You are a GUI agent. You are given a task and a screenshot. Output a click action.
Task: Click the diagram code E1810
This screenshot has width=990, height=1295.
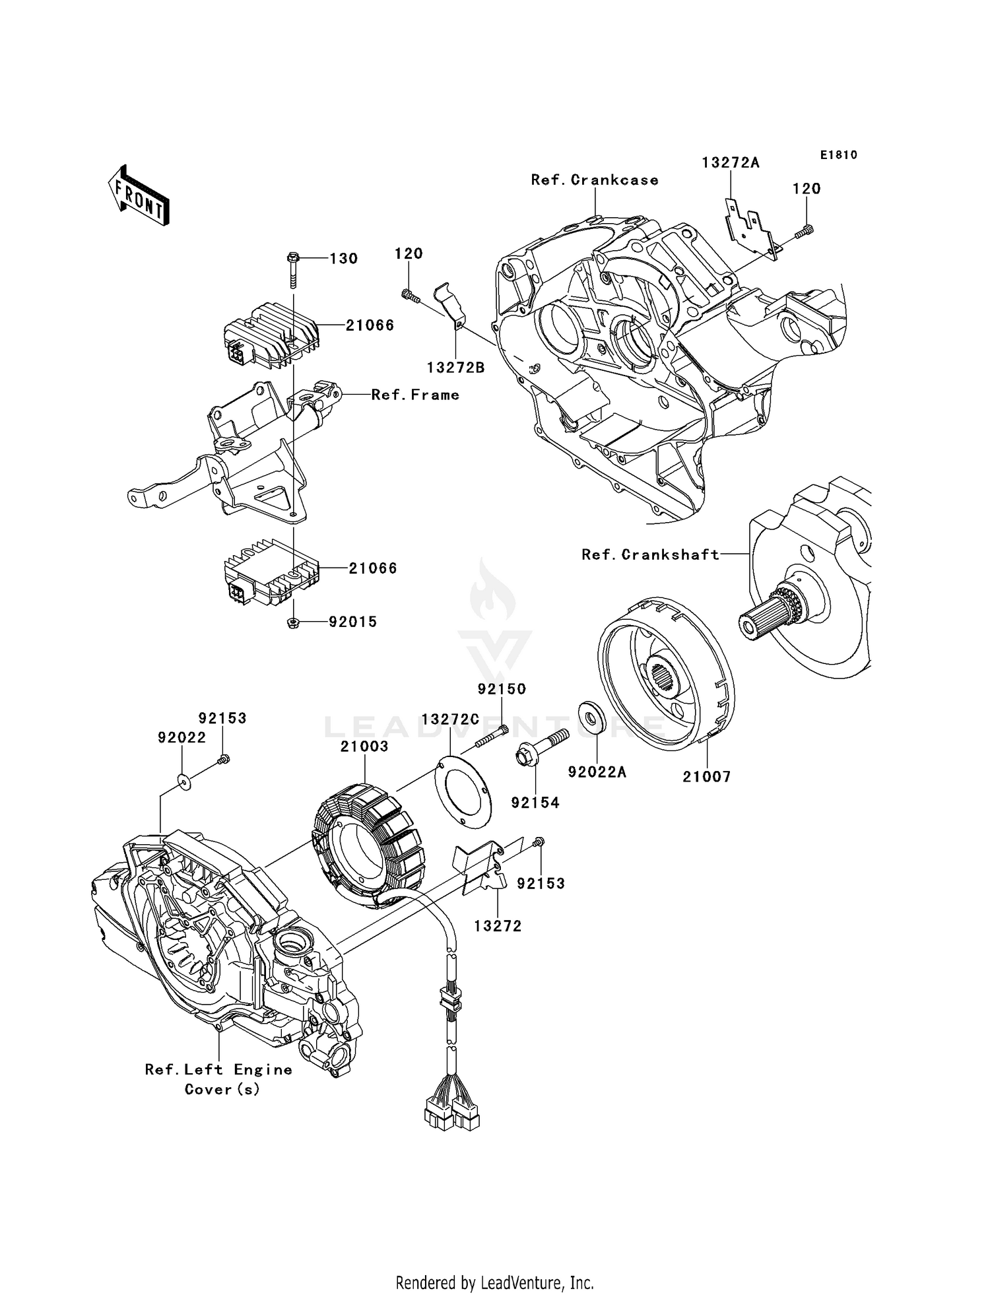pyautogui.click(x=838, y=155)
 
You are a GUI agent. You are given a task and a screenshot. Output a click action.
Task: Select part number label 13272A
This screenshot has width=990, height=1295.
pyautogui.click(x=730, y=163)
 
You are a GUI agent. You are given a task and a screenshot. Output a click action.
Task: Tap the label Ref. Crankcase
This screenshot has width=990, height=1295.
pyautogui.click(x=595, y=180)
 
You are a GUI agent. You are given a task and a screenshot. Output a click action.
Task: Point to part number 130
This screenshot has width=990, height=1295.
pyautogui.click(x=343, y=259)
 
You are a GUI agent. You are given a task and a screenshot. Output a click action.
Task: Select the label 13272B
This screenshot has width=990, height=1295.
pyautogui.click(x=455, y=368)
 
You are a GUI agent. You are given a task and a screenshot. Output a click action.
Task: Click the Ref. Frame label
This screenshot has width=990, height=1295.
pyautogui.click(x=414, y=395)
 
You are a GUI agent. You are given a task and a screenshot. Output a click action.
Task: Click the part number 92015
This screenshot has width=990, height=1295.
pyautogui.click(x=352, y=622)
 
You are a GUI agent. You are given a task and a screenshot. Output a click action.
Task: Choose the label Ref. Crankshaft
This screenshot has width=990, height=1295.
pyautogui.click(x=650, y=554)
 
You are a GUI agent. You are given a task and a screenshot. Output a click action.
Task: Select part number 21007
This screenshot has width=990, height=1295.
pyautogui.click(x=706, y=777)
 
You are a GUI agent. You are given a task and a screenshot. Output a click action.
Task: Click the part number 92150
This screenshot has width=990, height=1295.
pyautogui.click(x=502, y=689)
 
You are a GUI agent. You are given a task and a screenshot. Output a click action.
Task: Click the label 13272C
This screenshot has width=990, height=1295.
pyautogui.click(x=449, y=719)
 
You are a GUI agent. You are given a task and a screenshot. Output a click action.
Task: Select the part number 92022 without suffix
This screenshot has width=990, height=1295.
pyautogui.click(x=181, y=737)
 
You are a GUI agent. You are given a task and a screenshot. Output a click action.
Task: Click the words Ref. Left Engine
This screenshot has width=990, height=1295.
pyautogui.click(x=218, y=1070)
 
